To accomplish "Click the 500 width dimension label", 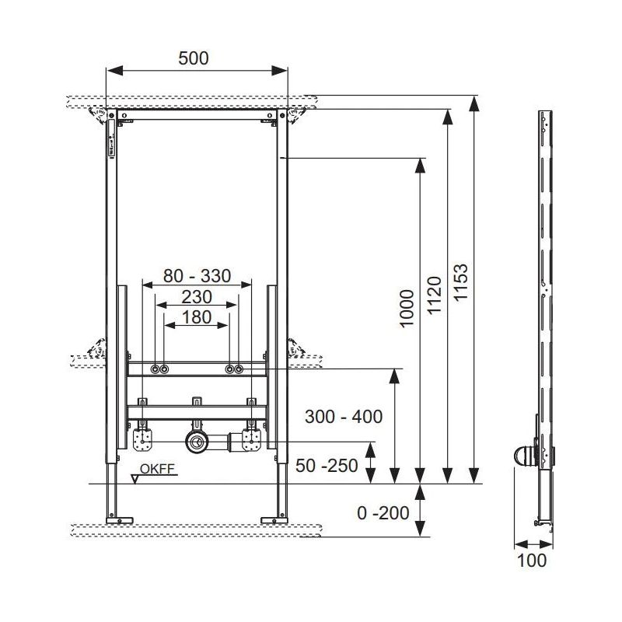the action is coord(193,58).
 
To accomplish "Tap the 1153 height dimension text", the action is coord(461,282).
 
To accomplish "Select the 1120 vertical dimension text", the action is coord(434,295).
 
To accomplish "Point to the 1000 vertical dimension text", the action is coord(407,309).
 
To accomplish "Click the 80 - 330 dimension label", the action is coord(197,276).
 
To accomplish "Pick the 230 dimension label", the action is coord(197,297).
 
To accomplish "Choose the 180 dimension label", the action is coord(197,317).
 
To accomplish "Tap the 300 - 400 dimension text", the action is coord(344,417).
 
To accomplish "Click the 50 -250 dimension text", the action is coord(327,466).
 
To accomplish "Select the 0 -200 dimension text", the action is coord(383,513).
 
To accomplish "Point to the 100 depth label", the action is coord(532,561).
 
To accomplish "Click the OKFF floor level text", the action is coord(158,469).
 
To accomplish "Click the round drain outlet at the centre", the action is coord(196,441).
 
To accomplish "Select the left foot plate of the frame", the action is coord(120,520).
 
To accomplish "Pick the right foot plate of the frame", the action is coord(274,520).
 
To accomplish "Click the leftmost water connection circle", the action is coord(155,369).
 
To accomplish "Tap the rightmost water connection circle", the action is coord(239,369).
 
